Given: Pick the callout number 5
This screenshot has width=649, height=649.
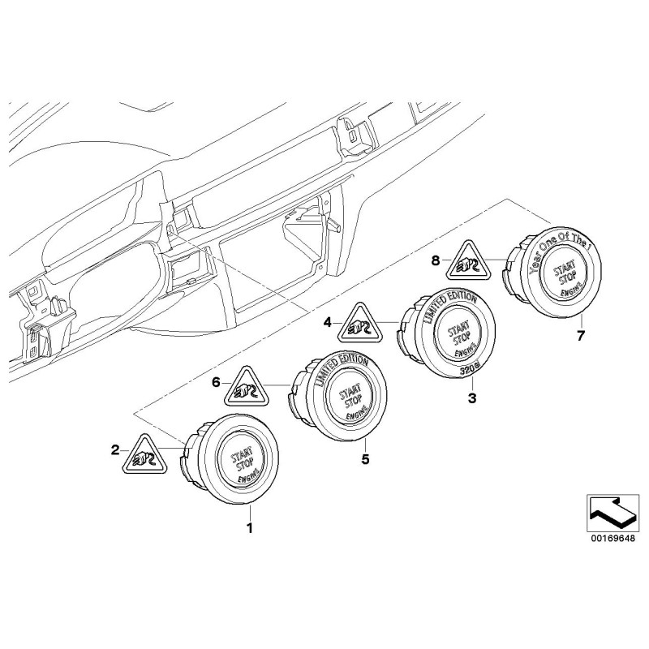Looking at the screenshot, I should (365, 460).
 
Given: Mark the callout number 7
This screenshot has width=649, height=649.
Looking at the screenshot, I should (580, 334).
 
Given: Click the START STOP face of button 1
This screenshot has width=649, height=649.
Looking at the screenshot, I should (240, 459).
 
